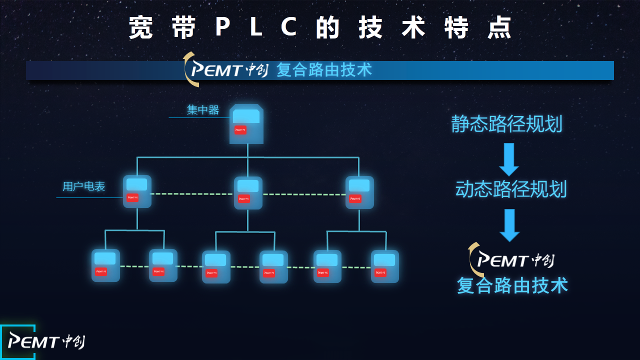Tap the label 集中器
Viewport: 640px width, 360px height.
click(x=203, y=110)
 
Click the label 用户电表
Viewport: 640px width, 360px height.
click(x=84, y=187)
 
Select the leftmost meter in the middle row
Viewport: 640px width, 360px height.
click(x=137, y=191)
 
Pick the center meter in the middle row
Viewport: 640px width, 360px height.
click(x=248, y=193)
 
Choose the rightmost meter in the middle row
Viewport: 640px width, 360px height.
click(x=359, y=192)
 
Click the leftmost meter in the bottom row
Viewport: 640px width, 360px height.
click(x=105, y=265)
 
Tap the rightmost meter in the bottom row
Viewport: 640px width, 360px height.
click(x=385, y=266)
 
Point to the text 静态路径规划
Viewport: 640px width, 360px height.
click(x=506, y=124)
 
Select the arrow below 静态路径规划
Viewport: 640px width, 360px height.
click(x=509, y=159)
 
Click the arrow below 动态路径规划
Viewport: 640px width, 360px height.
click(x=509, y=225)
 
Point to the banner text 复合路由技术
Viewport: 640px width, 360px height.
click(x=324, y=70)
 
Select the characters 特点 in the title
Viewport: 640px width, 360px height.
click(x=478, y=27)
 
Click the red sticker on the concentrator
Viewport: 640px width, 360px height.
click(x=240, y=130)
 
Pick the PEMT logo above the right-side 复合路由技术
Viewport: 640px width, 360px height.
click(x=513, y=260)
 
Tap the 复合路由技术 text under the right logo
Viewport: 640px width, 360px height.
click(x=512, y=285)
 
